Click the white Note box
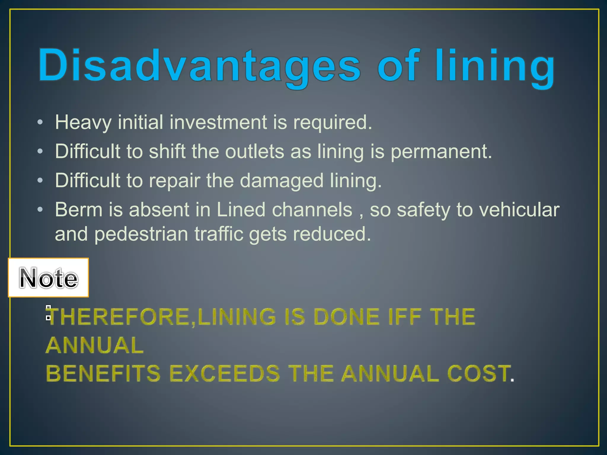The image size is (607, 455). click(x=48, y=278)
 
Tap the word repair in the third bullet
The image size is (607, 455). click(x=174, y=181)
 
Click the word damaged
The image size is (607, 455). click(x=281, y=181)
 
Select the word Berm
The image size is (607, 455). click(x=79, y=210)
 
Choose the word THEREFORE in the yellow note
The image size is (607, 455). click(x=119, y=317)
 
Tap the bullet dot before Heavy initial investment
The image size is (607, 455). click(x=40, y=122)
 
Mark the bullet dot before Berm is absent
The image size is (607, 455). click(x=40, y=210)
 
